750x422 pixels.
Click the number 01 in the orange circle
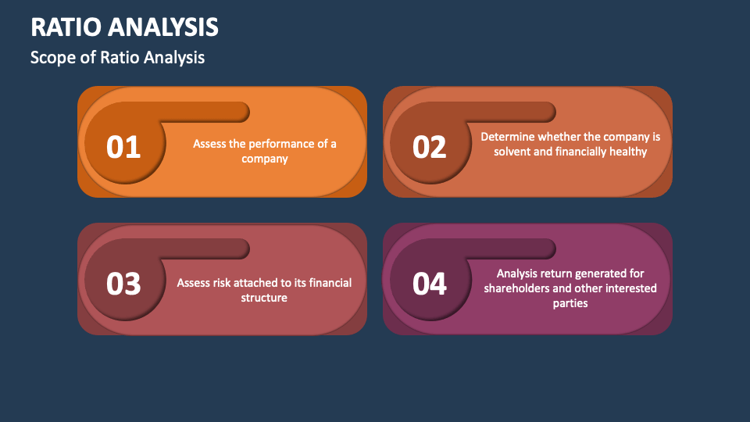click(x=123, y=147)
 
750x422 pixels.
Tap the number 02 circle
click(x=430, y=143)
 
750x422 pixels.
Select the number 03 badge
click(x=125, y=280)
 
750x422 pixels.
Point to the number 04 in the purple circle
click(x=430, y=284)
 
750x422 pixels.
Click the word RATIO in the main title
click(x=66, y=27)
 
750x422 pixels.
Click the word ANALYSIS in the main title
click(x=163, y=27)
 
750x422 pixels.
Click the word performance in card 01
click(x=281, y=144)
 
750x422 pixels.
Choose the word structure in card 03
click(x=264, y=298)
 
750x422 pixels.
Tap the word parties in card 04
click(x=570, y=303)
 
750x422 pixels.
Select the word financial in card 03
click(x=330, y=283)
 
